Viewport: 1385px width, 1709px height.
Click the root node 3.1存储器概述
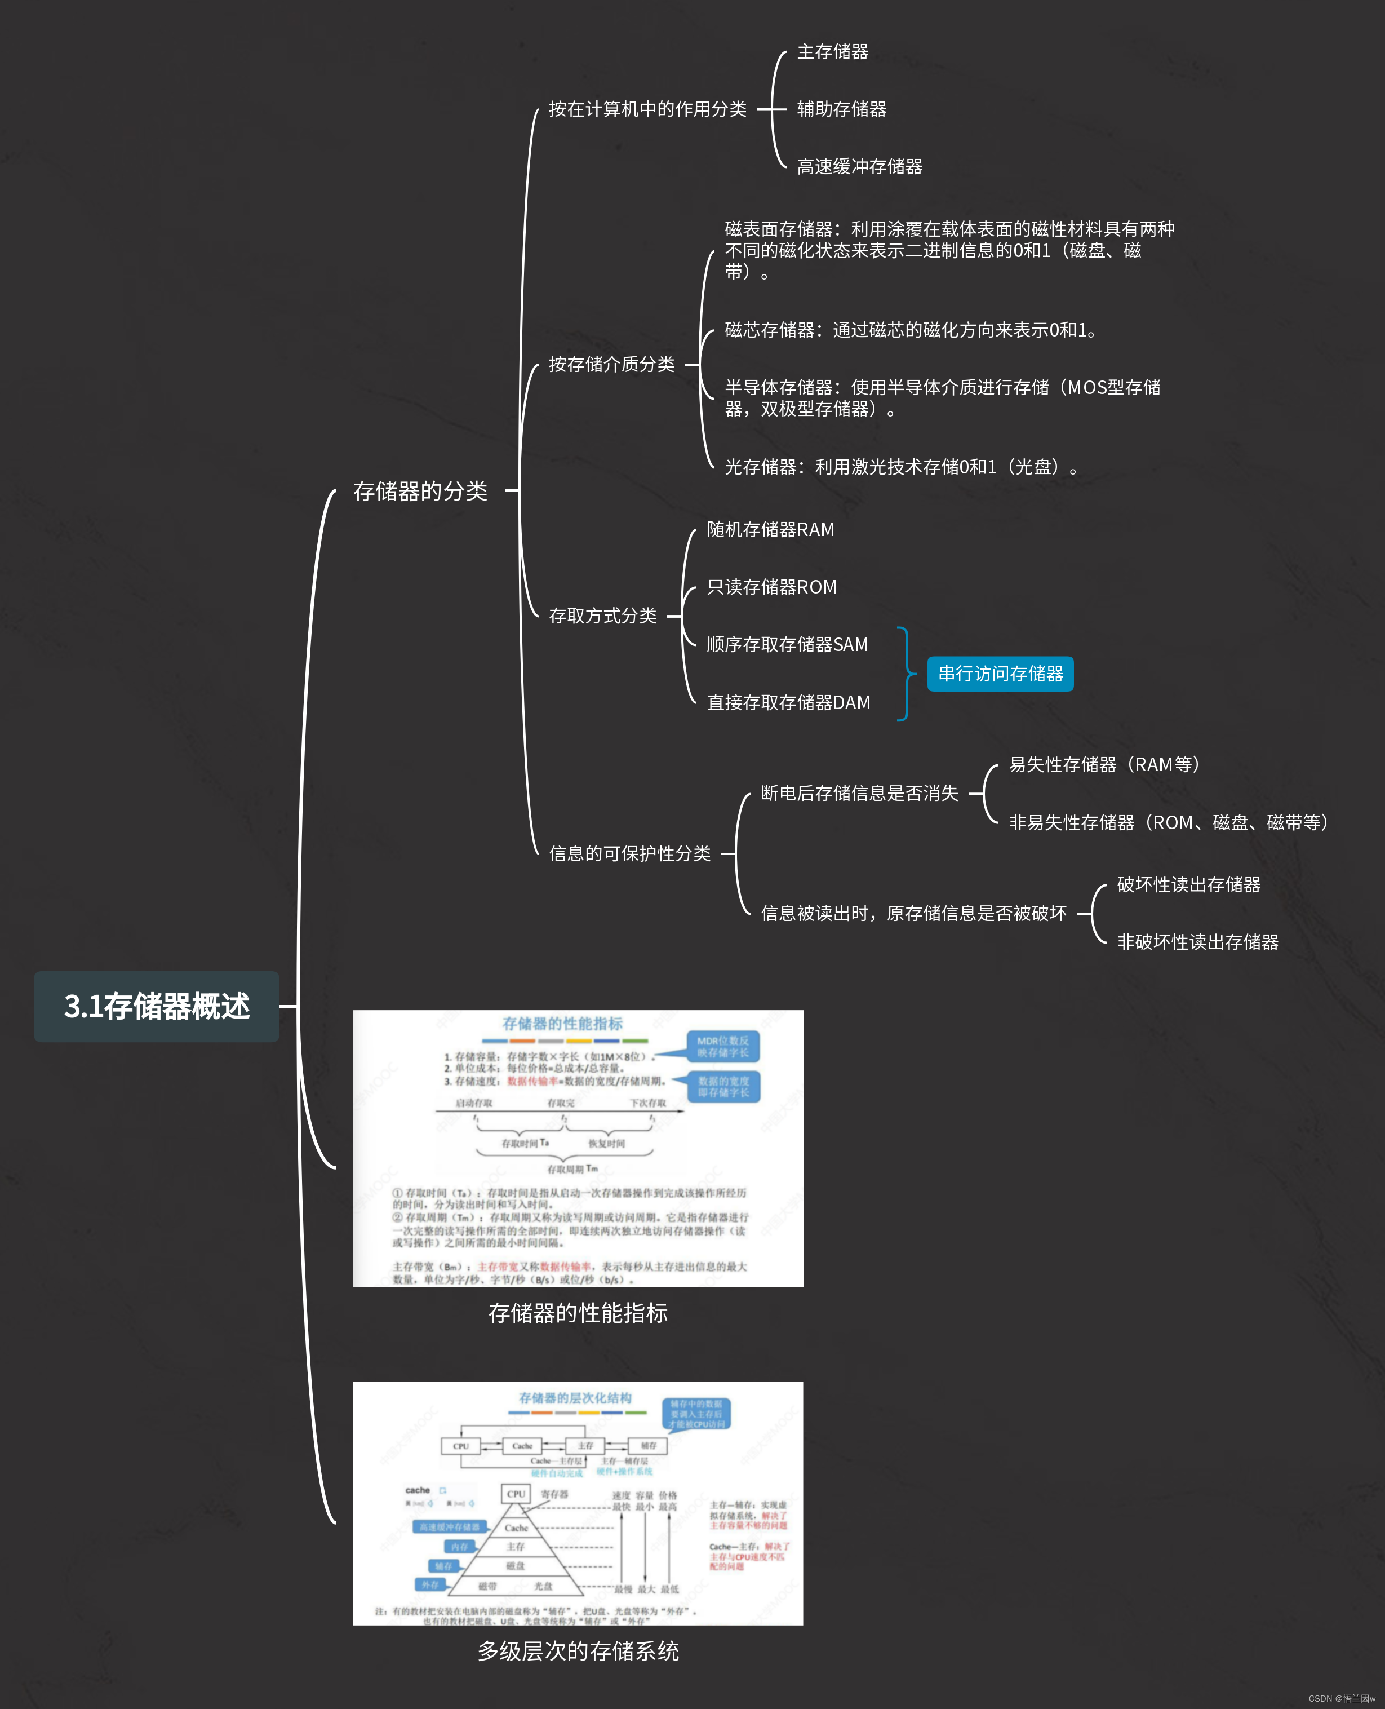coord(157,1006)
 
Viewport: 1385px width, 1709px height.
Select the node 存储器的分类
coord(420,492)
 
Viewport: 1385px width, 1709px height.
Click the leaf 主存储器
coord(832,52)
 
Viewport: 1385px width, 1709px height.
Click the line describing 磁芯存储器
coord(909,330)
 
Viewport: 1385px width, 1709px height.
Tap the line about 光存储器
coord(901,467)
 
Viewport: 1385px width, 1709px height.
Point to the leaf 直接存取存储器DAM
coord(788,703)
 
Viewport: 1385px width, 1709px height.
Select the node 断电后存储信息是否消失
coord(859,793)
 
